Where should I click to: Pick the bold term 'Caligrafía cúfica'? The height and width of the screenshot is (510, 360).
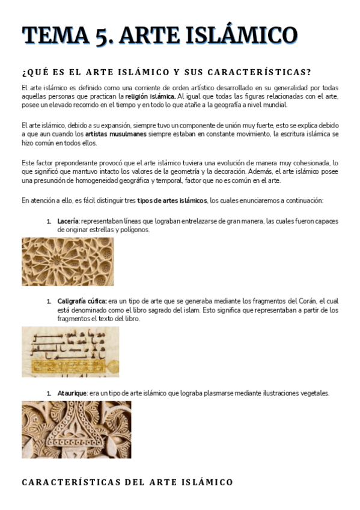[82, 301]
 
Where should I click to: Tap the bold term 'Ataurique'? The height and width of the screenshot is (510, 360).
[72, 393]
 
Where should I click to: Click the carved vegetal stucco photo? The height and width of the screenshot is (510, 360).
[76, 429]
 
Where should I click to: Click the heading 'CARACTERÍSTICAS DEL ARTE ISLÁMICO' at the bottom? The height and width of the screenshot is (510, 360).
[127, 482]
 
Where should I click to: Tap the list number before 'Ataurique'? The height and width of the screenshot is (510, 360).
[49, 393]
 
